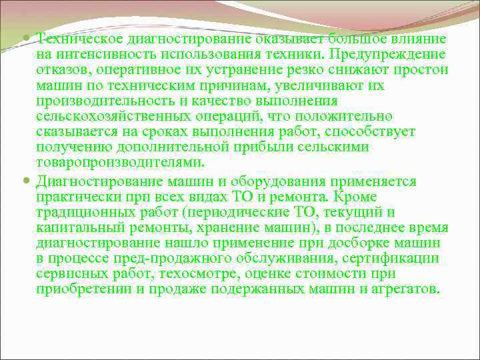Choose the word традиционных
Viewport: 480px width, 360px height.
[x=80, y=213]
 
